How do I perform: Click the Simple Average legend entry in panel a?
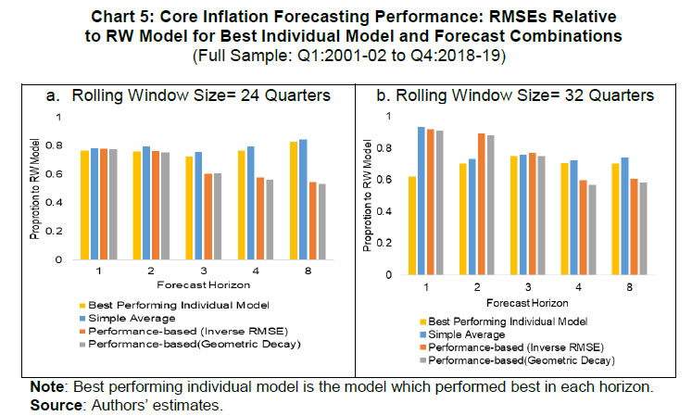tap(136, 316)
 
